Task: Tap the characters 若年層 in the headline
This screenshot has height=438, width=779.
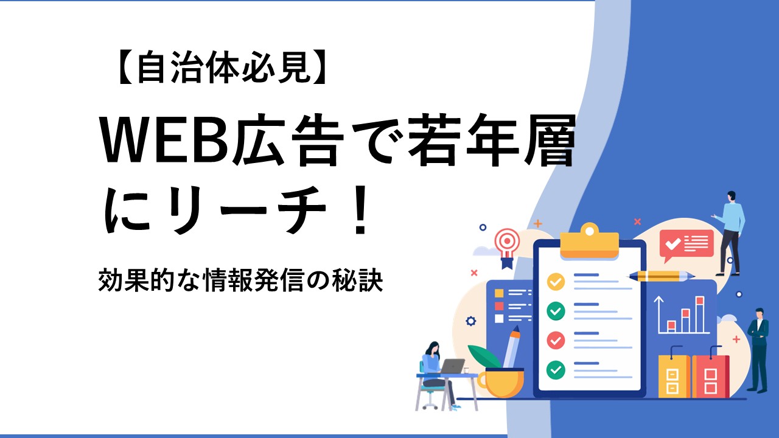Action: (491, 141)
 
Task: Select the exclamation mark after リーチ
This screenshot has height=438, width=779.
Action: (359, 210)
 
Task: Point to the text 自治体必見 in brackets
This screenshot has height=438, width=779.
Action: (223, 67)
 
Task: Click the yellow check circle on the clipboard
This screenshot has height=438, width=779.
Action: (556, 282)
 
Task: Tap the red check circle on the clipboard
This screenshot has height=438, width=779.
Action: (556, 340)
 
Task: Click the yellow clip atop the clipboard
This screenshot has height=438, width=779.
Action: (590, 240)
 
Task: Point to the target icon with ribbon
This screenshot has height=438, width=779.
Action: (508, 248)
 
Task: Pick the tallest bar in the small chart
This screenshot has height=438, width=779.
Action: (700, 315)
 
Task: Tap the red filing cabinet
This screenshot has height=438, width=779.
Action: (710, 375)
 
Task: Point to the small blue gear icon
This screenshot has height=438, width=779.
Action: (470, 321)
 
